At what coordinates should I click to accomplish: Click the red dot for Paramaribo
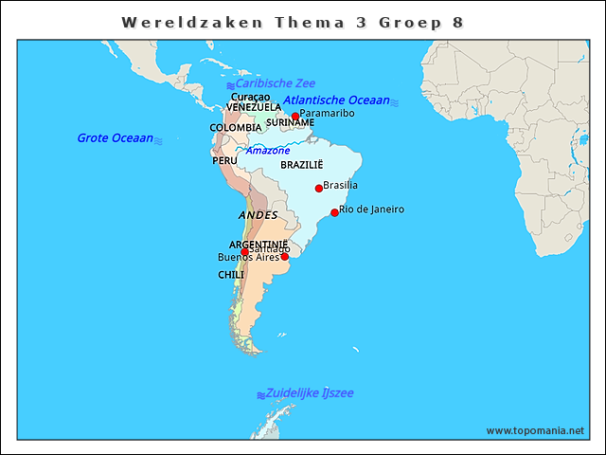[x=295, y=117]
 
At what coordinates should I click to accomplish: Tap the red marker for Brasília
[x=318, y=189]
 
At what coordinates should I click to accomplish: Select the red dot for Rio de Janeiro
[x=334, y=212]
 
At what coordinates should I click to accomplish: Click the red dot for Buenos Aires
[x=284, y=257]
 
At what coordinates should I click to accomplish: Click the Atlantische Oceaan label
[x=336, y=100]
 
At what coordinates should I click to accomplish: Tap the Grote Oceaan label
[x=115, y=138]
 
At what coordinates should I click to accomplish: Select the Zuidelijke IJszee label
[x=310, y=392]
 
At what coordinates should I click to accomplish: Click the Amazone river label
[x=268, y=151]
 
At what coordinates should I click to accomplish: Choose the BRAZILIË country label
[x=302, y=165]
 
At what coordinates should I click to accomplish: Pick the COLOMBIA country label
[x=236, y=128]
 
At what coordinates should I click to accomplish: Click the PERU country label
[x=225, y=161]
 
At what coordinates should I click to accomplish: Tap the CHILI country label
[x=231, y=275]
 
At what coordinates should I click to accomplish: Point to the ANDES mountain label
[x=258, y=216]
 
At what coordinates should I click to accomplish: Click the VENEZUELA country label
[x=253, y=107]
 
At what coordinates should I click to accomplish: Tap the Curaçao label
[x=251, y=97]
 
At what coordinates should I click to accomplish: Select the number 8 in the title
[x=458, y=22]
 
